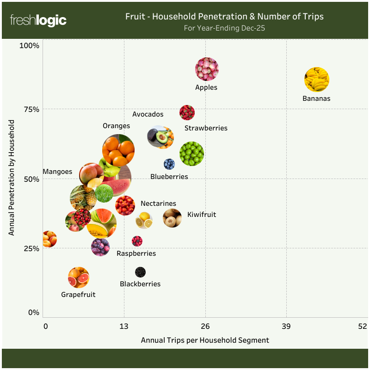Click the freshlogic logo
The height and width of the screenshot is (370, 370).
pos(38,20)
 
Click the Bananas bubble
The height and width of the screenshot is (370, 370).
pos(317,80)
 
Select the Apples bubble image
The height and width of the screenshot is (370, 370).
pos(206,69)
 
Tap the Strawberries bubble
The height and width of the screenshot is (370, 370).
pos(187,112)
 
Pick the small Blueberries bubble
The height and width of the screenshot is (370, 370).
pos(169,164)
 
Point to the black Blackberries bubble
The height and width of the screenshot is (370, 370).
pos(140,272)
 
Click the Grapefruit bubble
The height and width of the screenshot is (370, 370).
pos(79,277)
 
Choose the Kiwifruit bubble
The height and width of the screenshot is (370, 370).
pos(173,218)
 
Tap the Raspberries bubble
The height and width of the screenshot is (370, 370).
pos(137,241)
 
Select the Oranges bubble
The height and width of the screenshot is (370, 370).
pos(118,150)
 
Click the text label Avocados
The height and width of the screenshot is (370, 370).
pos(148,114)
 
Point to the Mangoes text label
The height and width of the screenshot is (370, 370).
pos(57,172)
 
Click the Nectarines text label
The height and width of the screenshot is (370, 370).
pos(158,203)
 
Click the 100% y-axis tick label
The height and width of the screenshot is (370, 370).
pos(29,45)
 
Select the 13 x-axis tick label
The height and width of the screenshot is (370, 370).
pos(124,326)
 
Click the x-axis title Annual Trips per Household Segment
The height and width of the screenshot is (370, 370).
pos(205,340)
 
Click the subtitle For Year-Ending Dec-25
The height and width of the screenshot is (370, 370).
pos(224,28)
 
